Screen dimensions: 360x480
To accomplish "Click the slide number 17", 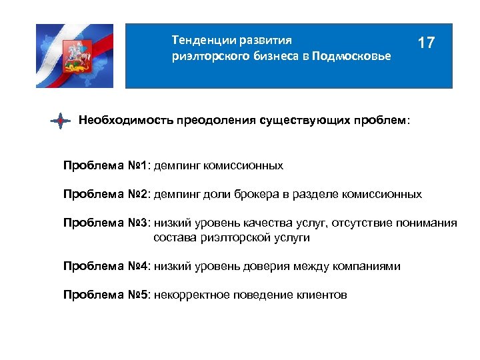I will point(426,43).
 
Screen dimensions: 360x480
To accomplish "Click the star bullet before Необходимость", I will point(61,121).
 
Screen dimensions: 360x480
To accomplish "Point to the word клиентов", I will point(319,295).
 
